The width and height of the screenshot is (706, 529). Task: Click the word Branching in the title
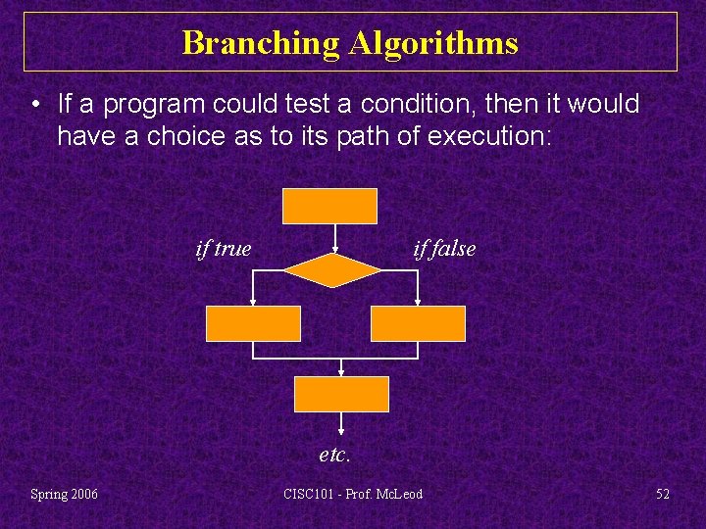click(260, 43)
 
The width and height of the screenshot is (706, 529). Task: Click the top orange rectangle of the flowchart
click(329, 206)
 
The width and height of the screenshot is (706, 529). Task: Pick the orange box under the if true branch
click(253, 323)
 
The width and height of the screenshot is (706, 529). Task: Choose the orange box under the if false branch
click(418, 323)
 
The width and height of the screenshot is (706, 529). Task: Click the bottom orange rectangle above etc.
click(341, 394)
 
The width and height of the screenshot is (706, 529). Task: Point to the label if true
click(224, 249)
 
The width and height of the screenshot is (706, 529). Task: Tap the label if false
click(444, 249)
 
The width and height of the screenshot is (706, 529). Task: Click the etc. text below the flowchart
click(334, 455)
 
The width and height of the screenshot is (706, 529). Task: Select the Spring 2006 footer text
click(64, 494)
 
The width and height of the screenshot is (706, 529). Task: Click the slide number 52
click(663, 494)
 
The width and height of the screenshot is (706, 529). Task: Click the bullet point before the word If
click(34, 105)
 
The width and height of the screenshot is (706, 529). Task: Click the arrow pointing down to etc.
click(341, 423)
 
